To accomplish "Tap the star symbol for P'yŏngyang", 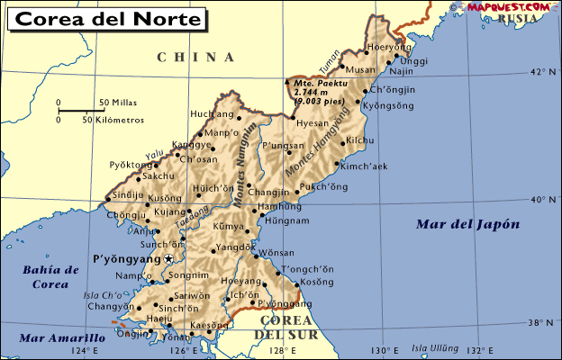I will (x=168, y=259).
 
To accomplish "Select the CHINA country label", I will (x=195, y=58).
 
